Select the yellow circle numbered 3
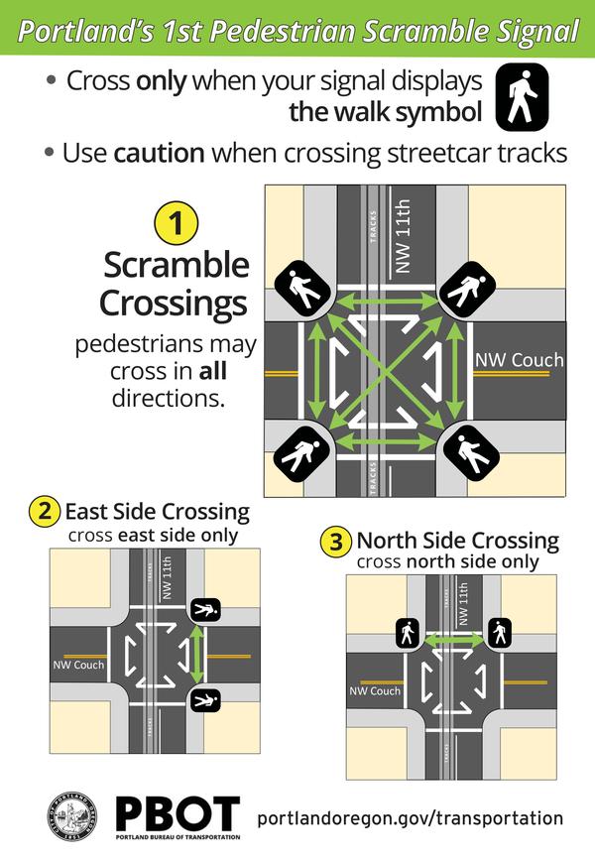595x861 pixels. [x=337, y=543]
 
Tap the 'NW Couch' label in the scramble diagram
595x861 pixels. [x=519, y=359]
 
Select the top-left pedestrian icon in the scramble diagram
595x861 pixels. [x=301, y=289]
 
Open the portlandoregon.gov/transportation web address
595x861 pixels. [x=410, y=818]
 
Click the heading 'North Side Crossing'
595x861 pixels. [x=457, y=542]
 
